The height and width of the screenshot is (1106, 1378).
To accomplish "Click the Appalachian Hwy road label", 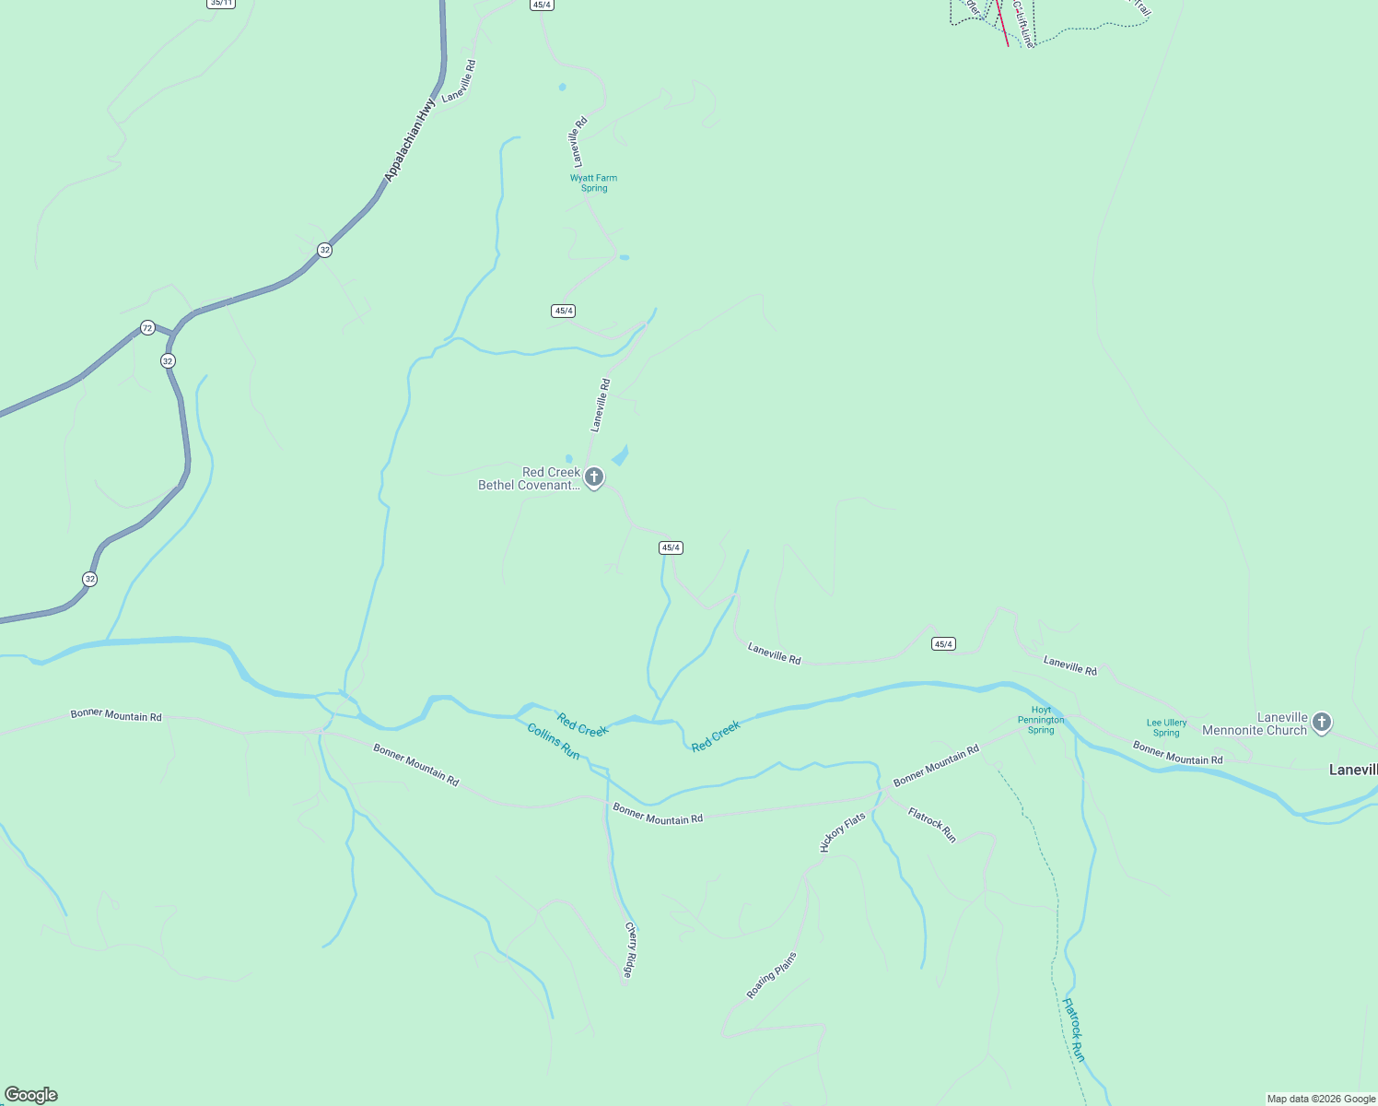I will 410,140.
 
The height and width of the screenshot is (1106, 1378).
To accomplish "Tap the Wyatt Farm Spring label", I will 593,183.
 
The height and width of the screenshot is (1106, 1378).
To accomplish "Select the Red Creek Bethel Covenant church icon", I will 594,477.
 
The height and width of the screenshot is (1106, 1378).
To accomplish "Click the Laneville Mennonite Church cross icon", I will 1322,723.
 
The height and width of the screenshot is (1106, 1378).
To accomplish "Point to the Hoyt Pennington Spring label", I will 1041,720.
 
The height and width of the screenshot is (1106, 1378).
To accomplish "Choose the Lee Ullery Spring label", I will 1166,728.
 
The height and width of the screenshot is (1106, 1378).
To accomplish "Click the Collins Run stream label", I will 554,741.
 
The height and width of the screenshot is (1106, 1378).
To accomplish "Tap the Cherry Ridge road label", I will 630,949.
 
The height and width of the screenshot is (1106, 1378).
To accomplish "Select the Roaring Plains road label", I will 771,975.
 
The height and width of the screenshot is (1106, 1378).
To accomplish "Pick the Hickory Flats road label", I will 843,832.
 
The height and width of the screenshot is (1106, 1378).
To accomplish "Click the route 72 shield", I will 147,328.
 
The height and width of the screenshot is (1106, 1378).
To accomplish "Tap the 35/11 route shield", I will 220,4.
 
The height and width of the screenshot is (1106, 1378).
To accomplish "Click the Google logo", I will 31,1095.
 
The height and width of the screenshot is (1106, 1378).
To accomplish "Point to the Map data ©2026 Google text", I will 1321,1099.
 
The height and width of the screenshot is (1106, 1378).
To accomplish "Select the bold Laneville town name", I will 1352,770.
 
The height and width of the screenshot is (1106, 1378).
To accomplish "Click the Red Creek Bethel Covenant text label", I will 529,479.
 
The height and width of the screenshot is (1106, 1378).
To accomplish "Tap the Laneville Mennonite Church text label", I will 1255,724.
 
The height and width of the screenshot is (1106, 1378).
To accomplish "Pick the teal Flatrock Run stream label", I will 1074,1030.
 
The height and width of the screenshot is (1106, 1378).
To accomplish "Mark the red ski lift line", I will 1001,23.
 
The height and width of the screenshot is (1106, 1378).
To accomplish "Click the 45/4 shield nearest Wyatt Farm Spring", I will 564,311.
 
